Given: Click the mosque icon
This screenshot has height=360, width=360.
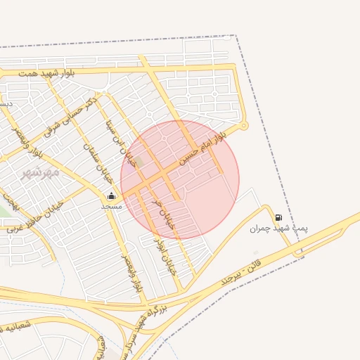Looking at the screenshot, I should [x=111, y=196].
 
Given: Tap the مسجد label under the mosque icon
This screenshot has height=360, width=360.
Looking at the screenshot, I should [x=111, y=206].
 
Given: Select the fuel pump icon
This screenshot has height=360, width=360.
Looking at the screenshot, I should [x=279, y=218].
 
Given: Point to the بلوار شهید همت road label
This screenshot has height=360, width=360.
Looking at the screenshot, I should [x=46, y=73].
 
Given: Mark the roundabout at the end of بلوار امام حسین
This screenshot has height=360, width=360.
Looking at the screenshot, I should [x=244, y=127].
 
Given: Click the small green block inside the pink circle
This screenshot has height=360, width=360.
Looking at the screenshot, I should [x=139, y=162].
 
